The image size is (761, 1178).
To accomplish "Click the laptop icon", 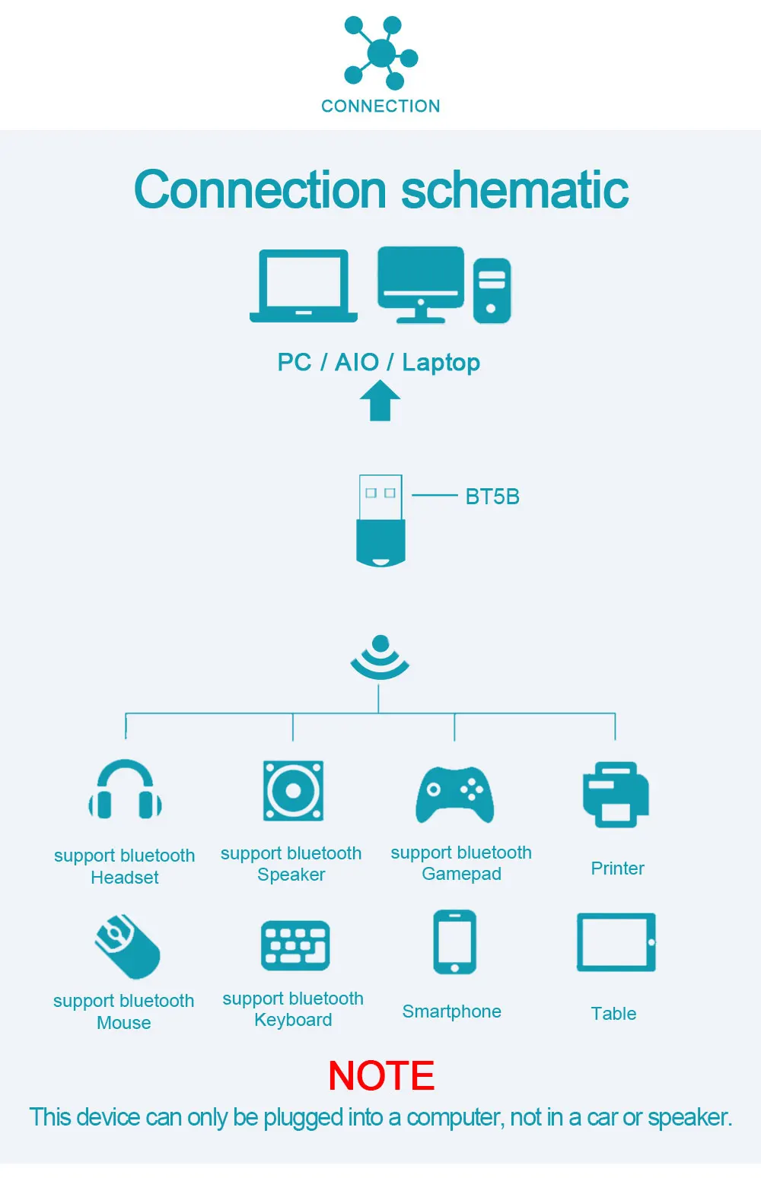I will [304, 286].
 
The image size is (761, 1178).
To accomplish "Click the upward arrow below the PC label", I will [380, 401].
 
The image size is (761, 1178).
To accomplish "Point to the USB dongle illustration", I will [380, 521].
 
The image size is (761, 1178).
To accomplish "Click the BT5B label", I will [492, 497].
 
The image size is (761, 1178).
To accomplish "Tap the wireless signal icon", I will [380, 657].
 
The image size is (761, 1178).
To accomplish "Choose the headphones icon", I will [126, 790].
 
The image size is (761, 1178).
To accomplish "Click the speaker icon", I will [293, 791].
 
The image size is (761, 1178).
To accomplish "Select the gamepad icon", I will [455, 795].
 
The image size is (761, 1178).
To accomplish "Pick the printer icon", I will [616, 795].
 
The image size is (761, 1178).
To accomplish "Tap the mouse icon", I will [127, 946].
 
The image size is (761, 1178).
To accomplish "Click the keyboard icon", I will [295, 945].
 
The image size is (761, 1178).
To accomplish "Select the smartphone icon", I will [454, 942].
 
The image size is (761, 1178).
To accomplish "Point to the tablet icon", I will [616, 942].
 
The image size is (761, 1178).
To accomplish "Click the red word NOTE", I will [381, 1076].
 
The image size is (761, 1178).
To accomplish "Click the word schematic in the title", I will [514, 189].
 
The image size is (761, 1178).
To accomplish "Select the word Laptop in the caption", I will [441, 363].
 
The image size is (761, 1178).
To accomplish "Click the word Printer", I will [617, 868].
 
